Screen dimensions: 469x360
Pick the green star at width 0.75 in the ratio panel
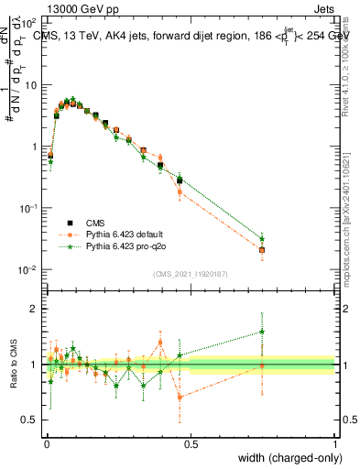click(x=262, y=332)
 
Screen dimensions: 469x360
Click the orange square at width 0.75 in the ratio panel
click(x=262, y=365)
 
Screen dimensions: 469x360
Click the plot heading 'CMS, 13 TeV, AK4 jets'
click(x=101, y=35)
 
